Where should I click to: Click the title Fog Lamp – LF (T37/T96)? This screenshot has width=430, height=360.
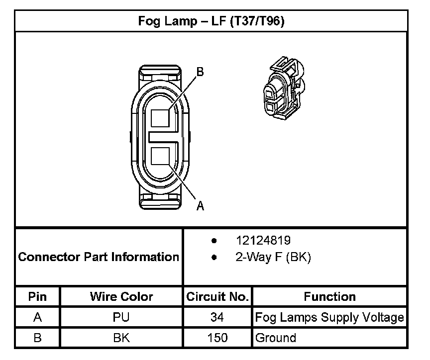pyautogui.click(x=211, y=21)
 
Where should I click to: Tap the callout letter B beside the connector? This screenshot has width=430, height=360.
pyautogui.click(x=200, y=72)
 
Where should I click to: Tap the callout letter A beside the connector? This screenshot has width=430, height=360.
pyautogui.click(x=200, y=206)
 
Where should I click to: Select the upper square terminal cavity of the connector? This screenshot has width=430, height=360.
pyautogui.click(x=160, y=118)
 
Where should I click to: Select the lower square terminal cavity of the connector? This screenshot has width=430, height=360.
pyautogui.click(x=160, y=156)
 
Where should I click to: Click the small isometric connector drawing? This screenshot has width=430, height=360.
pyautogui.click(x=284, y=88)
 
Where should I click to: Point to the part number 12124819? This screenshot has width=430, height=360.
pyautogui.click(x=263, y=240)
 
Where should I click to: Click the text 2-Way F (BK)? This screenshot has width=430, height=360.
pyautogui.click(x=273, y=257)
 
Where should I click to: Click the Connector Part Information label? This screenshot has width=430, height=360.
pyautogui.click(x=99, y=257)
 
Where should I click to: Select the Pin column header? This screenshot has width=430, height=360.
pyautogui.click(x=37, y=297)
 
